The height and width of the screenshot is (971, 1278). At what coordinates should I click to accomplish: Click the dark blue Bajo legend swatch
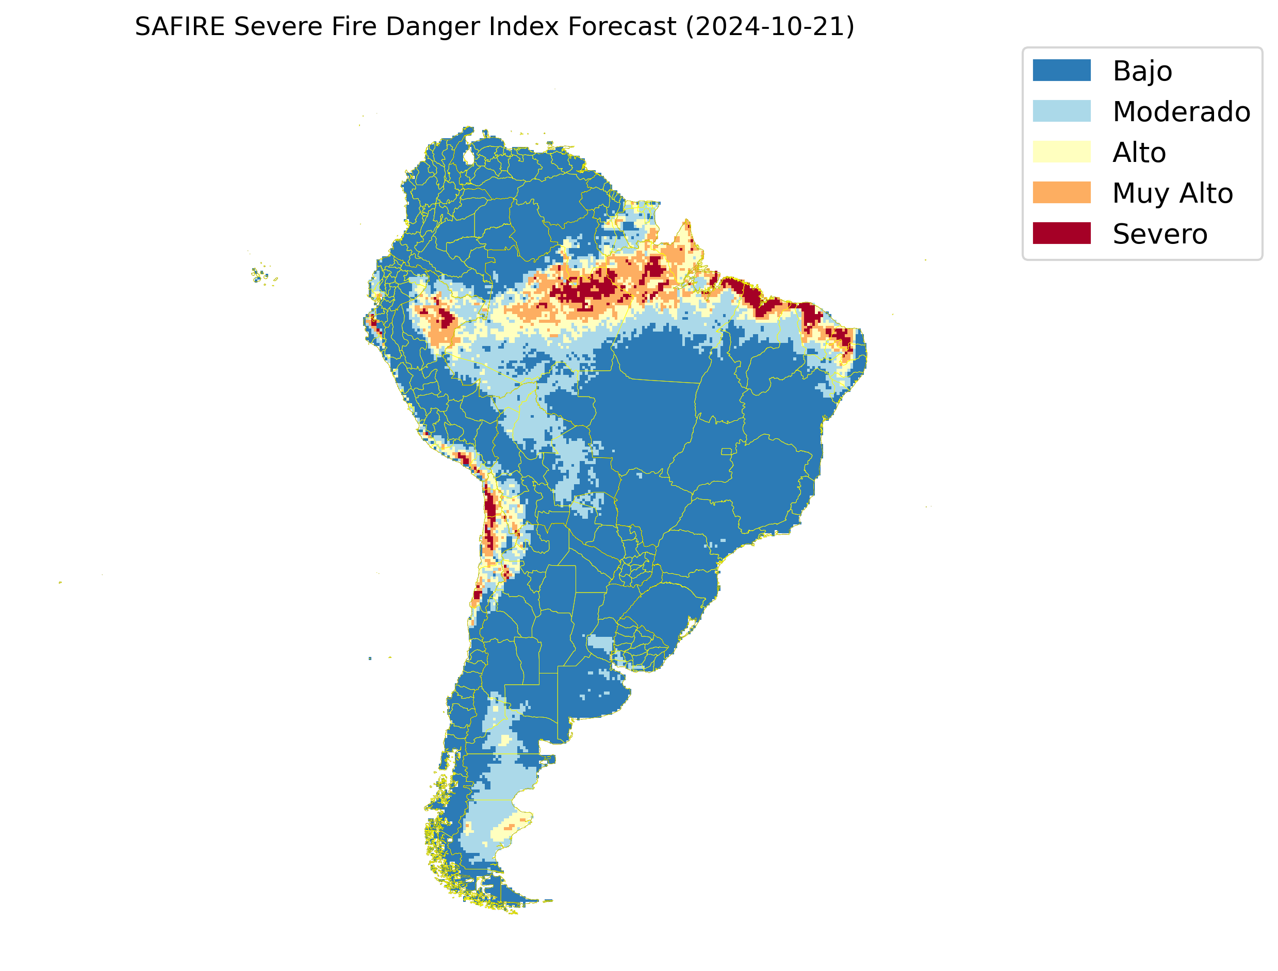click(x=1061, y=70)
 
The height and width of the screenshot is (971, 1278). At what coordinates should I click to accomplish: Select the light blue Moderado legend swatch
click(x=1061, y=111)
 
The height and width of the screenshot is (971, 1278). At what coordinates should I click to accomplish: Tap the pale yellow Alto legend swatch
click(x=1061, y=152)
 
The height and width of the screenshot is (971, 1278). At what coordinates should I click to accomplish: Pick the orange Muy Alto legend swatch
click(x=1061, y=192)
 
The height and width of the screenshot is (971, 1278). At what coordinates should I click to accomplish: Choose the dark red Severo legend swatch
click(x=1061, y=233)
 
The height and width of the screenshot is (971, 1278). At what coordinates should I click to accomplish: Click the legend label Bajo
click(x=1142, y=71)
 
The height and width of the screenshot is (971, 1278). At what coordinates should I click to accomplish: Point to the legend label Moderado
click(x=1181, y=111)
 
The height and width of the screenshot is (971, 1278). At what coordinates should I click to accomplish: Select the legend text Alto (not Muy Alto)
click(x=1139, y=153)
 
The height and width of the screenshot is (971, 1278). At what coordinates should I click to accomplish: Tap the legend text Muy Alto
click(x=1172, y=193)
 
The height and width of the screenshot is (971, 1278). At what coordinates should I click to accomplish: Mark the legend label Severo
click(x=1159, y=234)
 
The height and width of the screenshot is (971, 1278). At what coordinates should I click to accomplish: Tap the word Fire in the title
click(x=354, y=27)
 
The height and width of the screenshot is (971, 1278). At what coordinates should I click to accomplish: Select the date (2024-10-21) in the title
click(x=769, y=27)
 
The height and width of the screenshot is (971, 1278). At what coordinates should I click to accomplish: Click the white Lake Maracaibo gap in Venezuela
click(x=469, y=157)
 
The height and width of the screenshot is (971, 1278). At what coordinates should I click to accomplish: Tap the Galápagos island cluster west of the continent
click(x=263, y=275)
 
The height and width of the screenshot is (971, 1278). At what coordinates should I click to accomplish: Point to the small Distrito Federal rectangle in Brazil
click(x=726, y=451)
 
